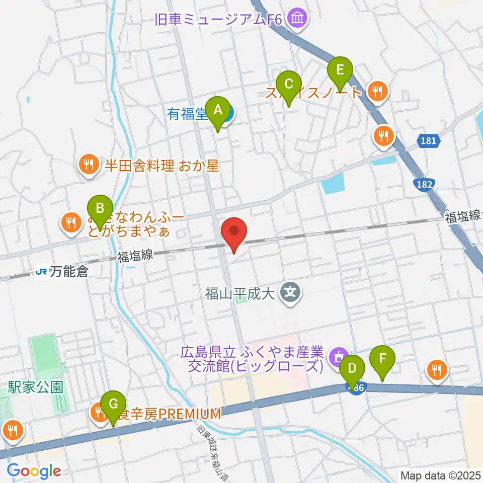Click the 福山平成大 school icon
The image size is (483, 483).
point(290,291)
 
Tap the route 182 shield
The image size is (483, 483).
point(424,185)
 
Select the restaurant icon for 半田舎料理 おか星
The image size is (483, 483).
point(89,166)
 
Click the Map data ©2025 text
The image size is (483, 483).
point(440,475)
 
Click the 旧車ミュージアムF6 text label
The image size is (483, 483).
point(219,20)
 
